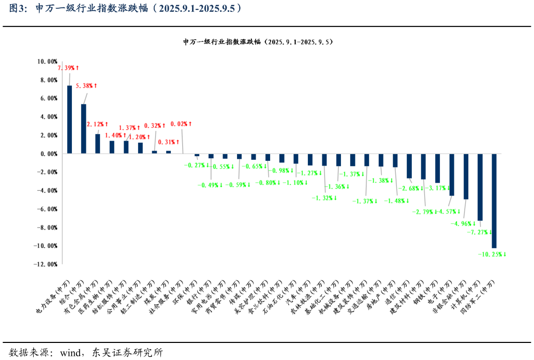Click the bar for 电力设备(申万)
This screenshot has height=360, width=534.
coord(69,119)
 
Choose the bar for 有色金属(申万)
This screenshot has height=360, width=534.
coord(97,144)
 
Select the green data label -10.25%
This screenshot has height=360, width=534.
coord(492,254)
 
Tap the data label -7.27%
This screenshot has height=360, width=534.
coord(478,232)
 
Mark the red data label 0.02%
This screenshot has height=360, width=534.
coord(181,124)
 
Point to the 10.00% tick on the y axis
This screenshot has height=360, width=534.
coord(47,62)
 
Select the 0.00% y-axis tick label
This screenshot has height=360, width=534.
coord(48,154)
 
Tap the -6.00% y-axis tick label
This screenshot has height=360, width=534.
coord(47,209)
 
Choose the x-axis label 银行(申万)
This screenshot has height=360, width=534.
coord(199,294)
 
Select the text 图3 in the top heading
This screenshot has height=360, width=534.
coord(17,8)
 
